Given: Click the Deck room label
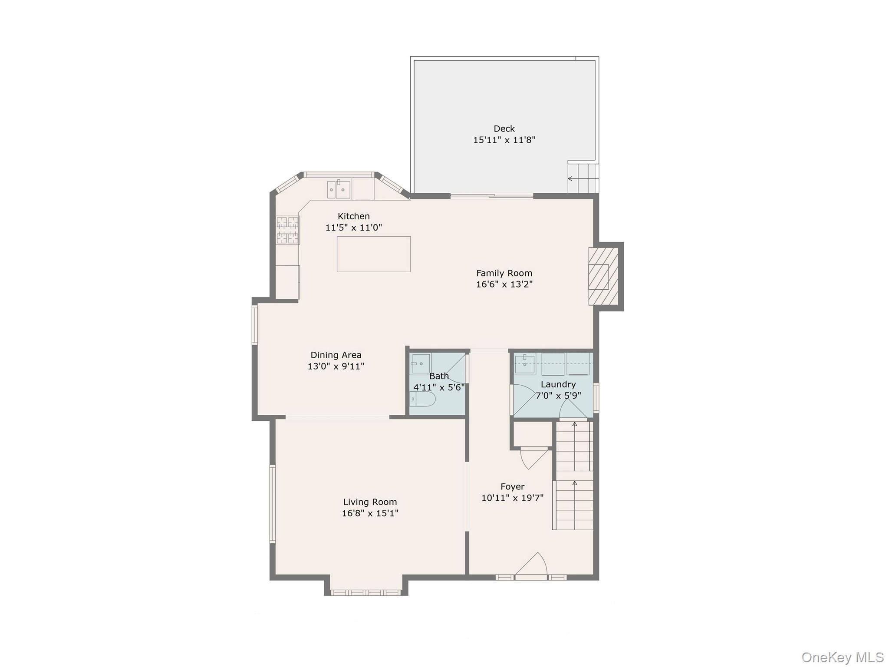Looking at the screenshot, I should point(504,129).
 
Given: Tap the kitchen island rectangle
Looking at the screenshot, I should point(373,254).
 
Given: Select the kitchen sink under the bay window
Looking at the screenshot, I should point(339,190).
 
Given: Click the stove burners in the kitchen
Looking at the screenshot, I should point(288,230).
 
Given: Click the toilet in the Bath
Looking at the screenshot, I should point(423,399).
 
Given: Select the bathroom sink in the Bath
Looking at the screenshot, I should point(420,363).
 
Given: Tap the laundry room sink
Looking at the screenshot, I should point(525,364).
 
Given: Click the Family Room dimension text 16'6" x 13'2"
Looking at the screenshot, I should point(504,284).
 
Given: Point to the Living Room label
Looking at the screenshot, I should point(370,502).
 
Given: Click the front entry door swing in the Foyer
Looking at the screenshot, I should point(533,565).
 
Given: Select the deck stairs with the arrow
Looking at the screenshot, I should point(583,178).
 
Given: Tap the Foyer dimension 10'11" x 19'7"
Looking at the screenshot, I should point(512,498).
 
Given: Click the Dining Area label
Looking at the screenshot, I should point(336,355).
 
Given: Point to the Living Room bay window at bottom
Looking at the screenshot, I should point(365,592).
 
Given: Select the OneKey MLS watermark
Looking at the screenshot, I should point(843,657).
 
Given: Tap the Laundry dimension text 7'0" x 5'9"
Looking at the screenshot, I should point(558,396).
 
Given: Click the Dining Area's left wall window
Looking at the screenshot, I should point(255,325).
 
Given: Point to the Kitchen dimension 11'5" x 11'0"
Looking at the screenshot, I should point(353,228).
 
